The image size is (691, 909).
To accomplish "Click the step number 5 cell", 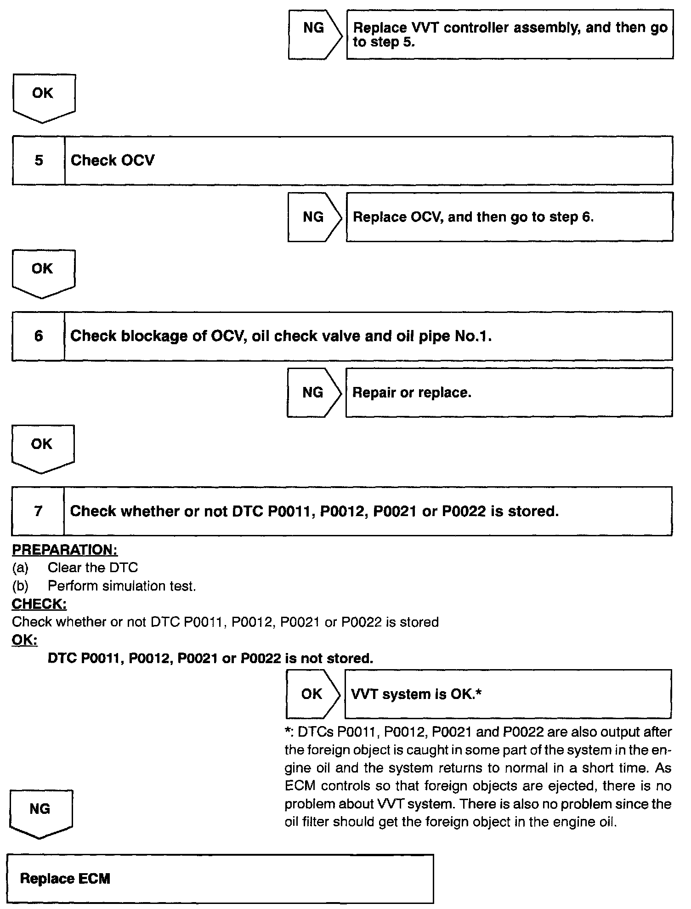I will click(39, 160).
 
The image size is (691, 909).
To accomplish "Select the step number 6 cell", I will click(38, 336).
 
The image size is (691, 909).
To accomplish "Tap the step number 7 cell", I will click(38, 511).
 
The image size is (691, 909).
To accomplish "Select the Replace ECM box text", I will click(65, 879).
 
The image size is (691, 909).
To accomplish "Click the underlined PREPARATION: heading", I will click(65, 550).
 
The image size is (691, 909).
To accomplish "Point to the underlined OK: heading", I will click(24, 640).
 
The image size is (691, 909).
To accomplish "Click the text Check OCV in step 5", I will click(113, 160).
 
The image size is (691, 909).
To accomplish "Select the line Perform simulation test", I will click(122, 586).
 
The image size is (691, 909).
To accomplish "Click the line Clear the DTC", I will click(92, 568).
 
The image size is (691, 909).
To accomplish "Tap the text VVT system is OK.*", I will click(416, 694).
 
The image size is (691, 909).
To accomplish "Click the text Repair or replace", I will click(412, 392).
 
